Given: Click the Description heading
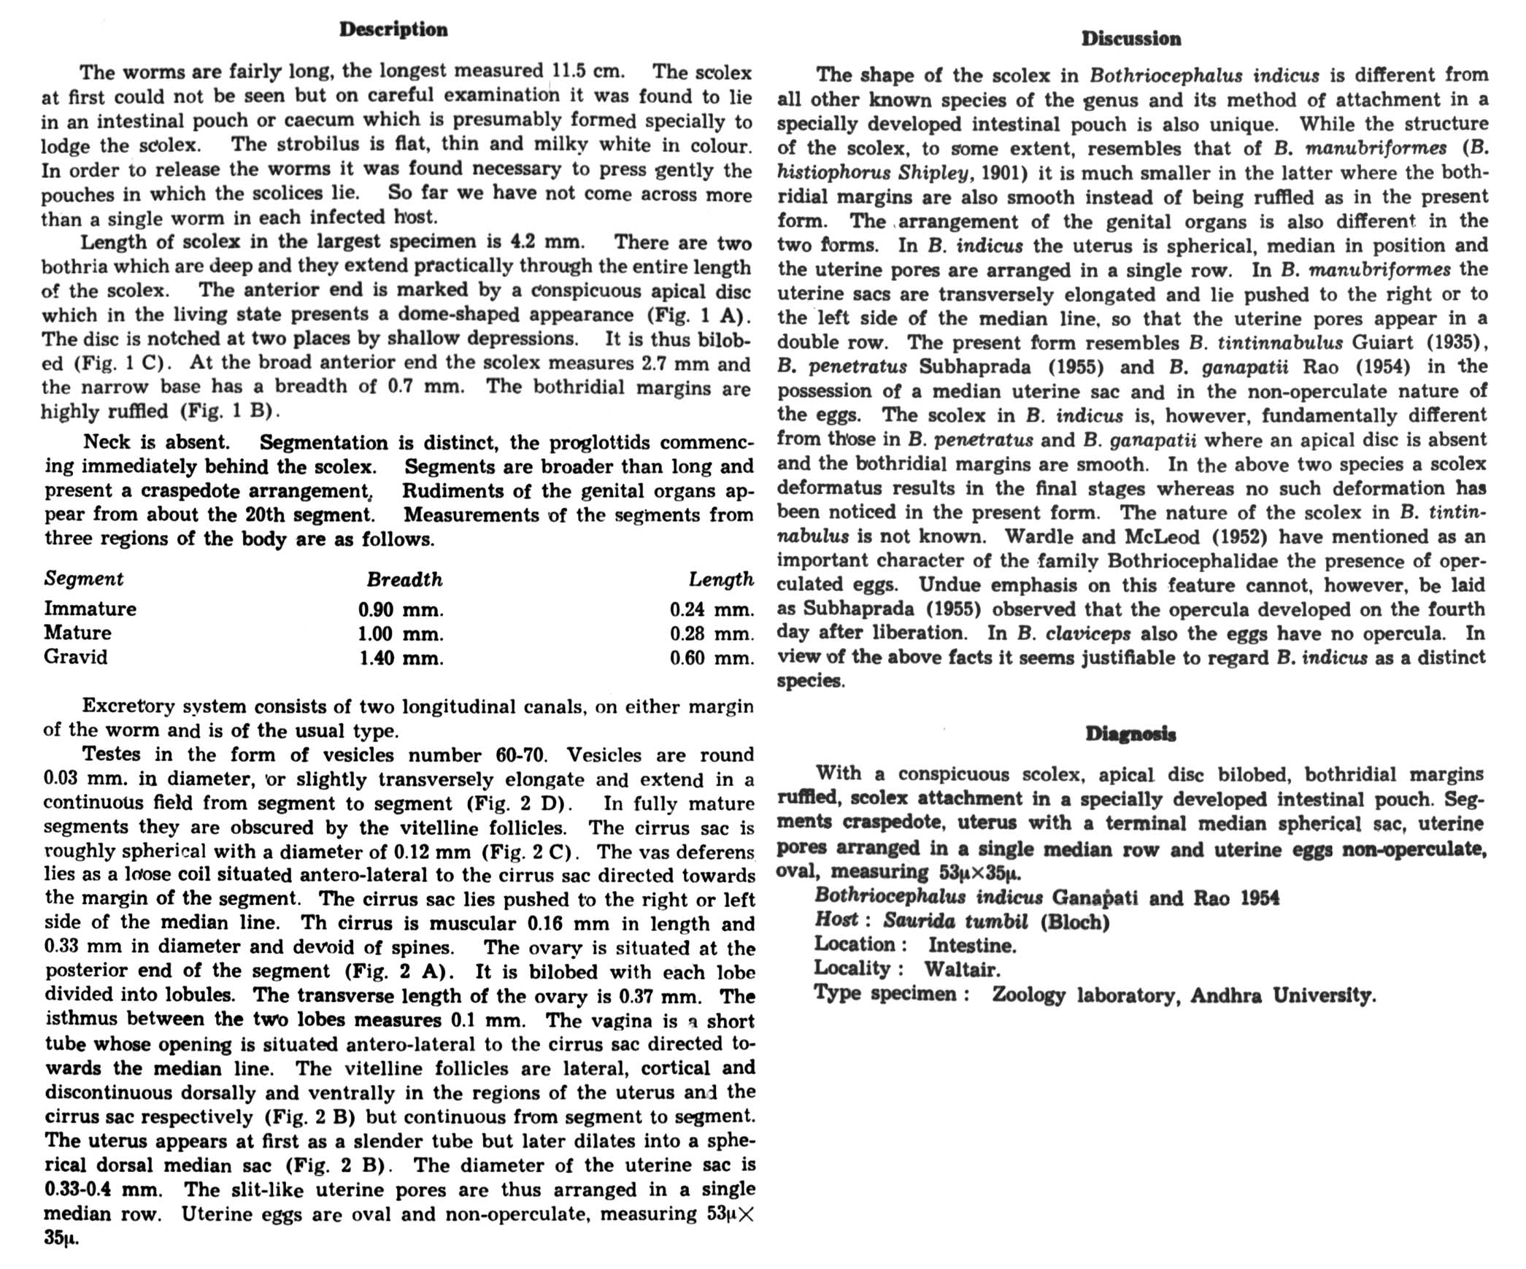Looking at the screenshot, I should tap(393, 30).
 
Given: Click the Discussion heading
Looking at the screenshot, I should tap(1131, 39).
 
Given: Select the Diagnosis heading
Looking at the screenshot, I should tap(1130, 734).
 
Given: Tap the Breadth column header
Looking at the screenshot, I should tap(404, 580).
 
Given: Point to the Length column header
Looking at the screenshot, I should tap(721, 579).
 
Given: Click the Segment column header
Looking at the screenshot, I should tap(83, 579).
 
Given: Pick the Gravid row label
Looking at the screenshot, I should tap(75, 657).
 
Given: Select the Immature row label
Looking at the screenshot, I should tap(90, 609).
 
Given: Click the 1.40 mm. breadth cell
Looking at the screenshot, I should tap(401, 658).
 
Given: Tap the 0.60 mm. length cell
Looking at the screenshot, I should tap(712, 658).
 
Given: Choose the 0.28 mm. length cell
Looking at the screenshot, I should tap(712, 633).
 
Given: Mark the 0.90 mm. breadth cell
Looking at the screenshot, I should tap(401, 609).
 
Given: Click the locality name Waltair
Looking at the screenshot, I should tap(962, 969).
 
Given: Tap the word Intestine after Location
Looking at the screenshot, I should tap(972, 946).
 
